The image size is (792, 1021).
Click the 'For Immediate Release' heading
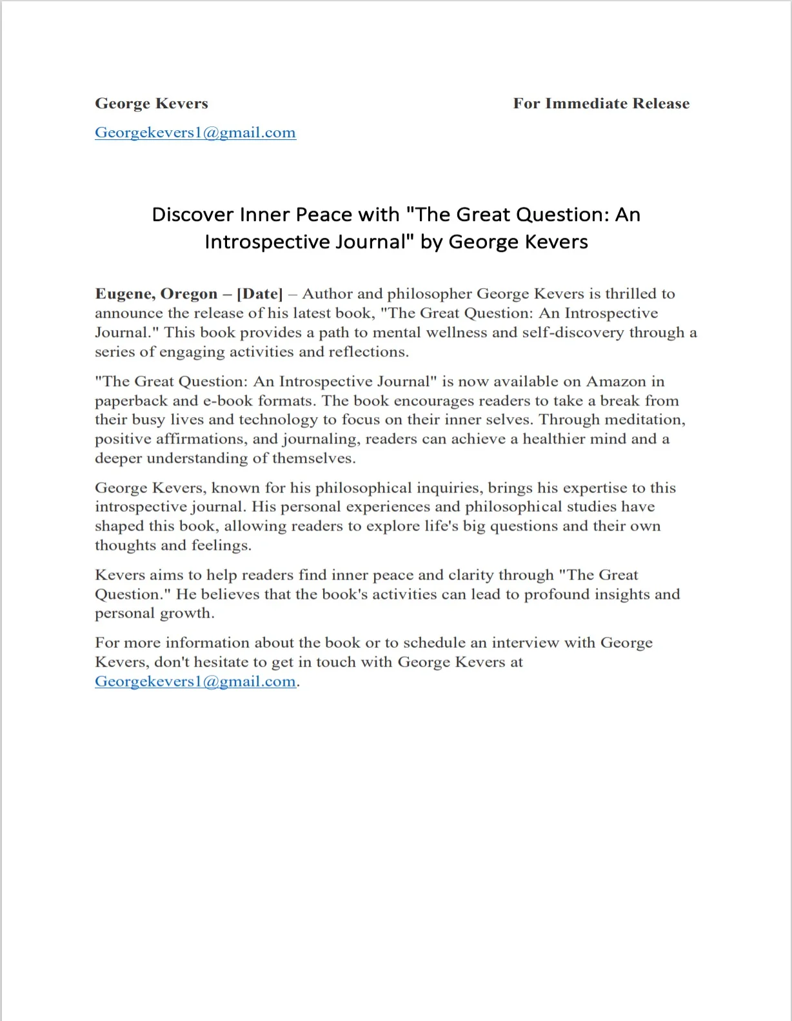(x=601, y=104)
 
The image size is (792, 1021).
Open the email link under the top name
(x=195, y=133)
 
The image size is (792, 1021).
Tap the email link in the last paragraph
(x=195, y=681)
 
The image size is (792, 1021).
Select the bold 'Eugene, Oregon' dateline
(x=156, y=294)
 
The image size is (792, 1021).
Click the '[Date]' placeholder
(x=260, y=294)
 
